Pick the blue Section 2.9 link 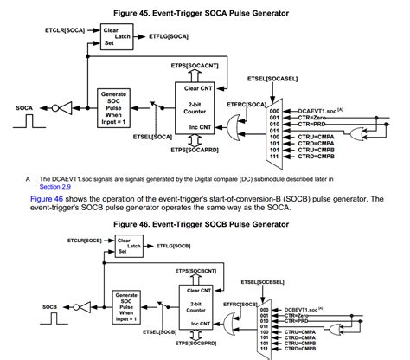(56, 185)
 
